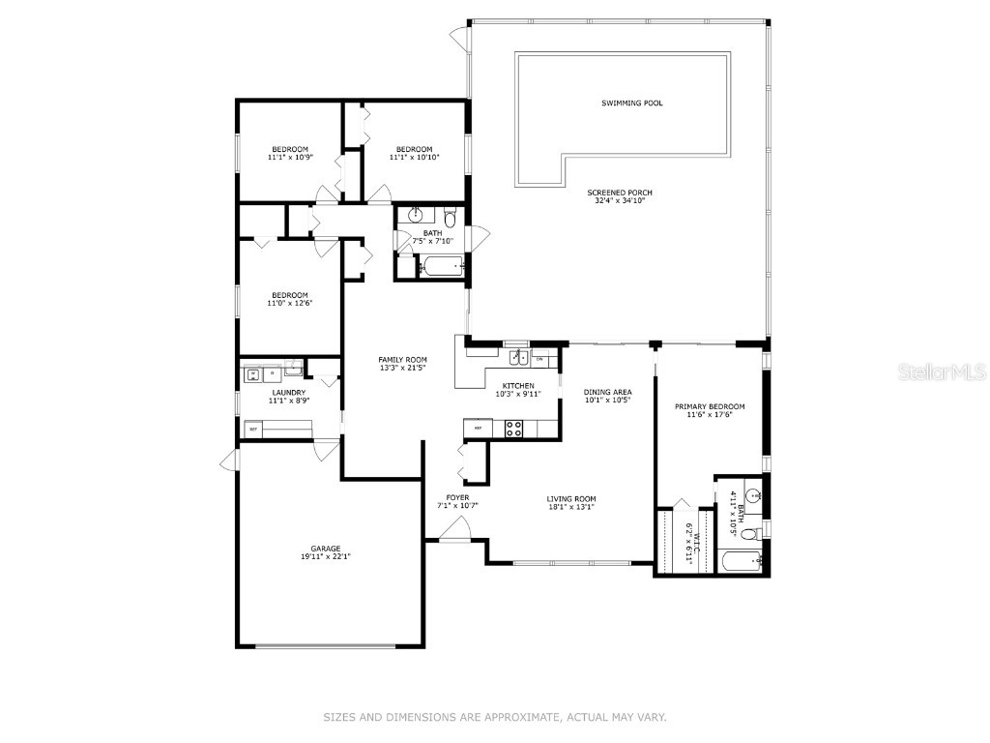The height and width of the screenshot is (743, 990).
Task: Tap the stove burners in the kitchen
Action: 514,427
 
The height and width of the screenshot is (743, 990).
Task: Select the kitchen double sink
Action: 519,358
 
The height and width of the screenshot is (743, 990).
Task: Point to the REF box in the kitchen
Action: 478,427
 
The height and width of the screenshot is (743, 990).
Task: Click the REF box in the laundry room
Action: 254,429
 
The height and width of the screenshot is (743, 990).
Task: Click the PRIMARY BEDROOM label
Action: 710,406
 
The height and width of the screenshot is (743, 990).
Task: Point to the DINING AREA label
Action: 607,392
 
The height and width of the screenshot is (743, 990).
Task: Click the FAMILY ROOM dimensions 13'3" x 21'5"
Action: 402,369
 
